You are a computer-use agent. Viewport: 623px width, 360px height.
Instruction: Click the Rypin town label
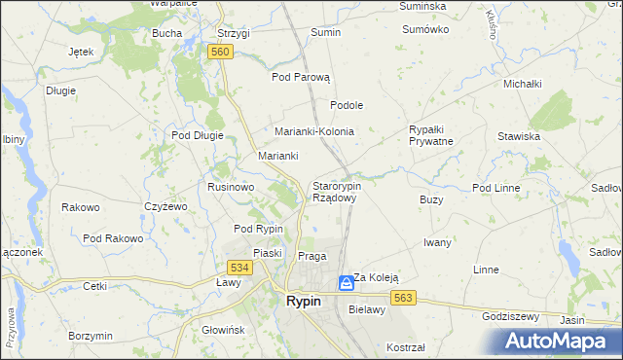(304, 302)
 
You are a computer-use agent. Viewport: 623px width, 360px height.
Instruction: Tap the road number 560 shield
(220, 52)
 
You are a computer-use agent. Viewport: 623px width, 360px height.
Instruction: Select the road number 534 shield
(239, 267)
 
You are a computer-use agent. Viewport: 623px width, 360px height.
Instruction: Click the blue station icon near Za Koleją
(346, 283)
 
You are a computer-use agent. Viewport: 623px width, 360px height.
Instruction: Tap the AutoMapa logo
(560, 342)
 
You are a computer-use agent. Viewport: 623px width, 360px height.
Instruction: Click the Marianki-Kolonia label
(313, 131)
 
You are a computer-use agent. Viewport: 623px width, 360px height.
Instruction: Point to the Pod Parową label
(302, 77)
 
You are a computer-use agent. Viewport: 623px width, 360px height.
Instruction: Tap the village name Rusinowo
(231, 186)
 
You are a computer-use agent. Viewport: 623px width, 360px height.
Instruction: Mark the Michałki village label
(522, 84)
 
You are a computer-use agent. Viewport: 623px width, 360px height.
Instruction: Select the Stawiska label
(518, 136)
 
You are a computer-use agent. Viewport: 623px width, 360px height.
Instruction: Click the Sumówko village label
(425, 29)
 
